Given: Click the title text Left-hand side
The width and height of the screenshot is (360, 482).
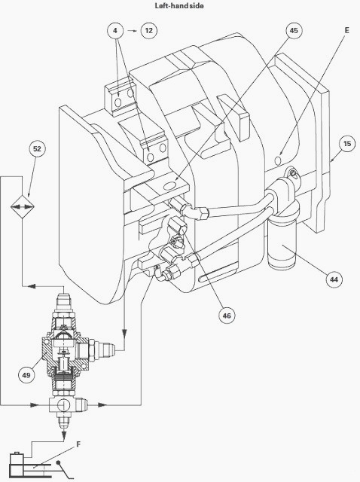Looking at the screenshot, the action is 179,5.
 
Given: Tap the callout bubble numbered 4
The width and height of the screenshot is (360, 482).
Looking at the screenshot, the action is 115,30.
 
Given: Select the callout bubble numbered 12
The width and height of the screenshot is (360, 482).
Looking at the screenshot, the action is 149,30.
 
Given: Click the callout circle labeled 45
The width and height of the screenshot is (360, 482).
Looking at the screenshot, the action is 294,30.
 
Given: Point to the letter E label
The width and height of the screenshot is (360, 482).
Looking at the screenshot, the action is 346,30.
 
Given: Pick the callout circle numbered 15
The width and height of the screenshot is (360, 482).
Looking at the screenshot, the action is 347,144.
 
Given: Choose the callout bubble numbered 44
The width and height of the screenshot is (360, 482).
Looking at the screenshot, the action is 334,279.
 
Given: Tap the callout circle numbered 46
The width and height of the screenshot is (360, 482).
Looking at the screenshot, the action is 227,316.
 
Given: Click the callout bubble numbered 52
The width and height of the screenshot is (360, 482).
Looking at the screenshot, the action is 37,149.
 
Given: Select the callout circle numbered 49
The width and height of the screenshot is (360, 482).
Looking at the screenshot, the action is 26,375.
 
